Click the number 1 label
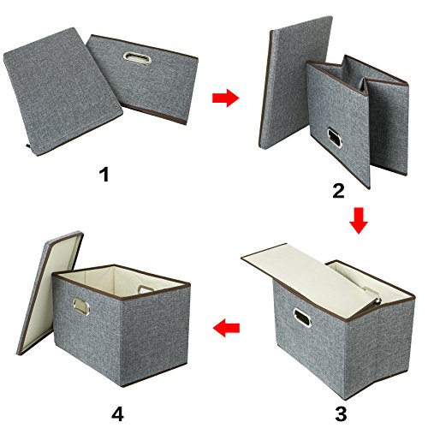(x=104, y=176)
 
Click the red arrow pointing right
(x=224, y=99)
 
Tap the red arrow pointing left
(x=224, y=326)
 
